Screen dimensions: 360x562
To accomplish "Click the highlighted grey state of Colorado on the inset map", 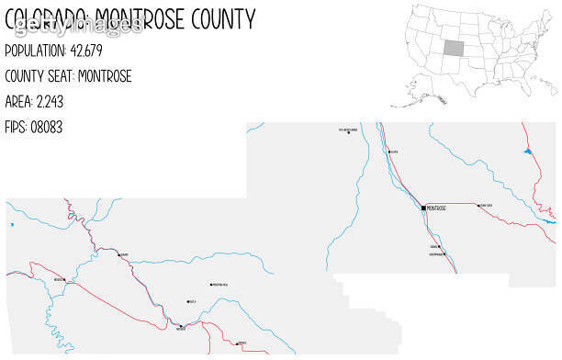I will (455, 50).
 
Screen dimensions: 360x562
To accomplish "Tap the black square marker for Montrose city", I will (423, 208).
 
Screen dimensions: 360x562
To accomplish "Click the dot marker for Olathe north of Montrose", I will (389, 152).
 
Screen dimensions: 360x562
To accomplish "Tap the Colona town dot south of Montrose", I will (440, 247).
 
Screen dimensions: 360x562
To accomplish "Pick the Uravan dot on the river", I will (118, 253).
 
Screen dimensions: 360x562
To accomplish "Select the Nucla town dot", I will (188, 301).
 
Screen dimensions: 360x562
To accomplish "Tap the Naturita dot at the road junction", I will (182, 327).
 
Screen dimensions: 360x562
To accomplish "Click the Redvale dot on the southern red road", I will (238, 343).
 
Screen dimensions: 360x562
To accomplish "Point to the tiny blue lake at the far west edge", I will (12, 224).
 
